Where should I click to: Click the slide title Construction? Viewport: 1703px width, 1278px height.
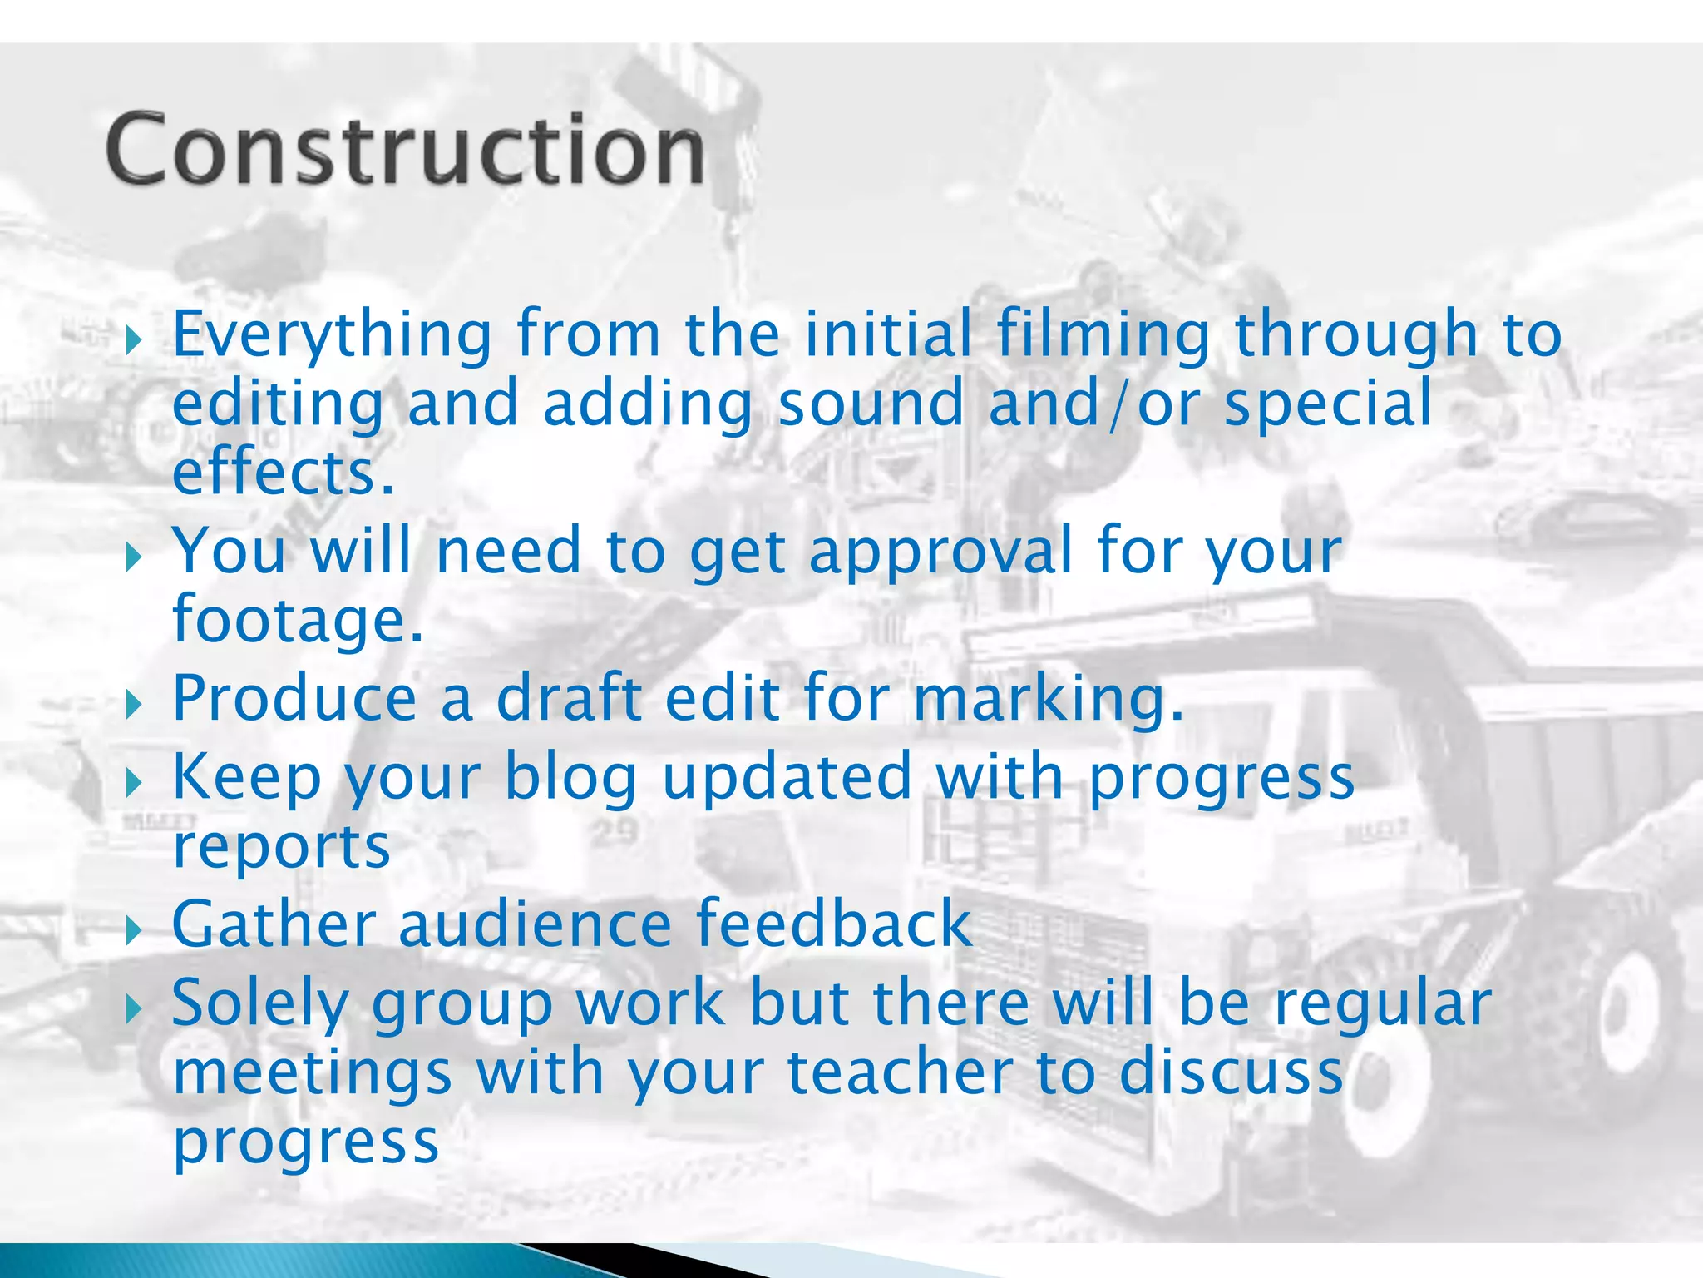[x=406, y=150]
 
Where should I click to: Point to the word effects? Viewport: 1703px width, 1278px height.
[x=283, y=473]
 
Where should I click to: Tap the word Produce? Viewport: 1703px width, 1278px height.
[x=294, y=698]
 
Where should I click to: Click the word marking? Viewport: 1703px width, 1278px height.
[x=1048, y=700]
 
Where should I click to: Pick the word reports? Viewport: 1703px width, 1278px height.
[x=281, y=848]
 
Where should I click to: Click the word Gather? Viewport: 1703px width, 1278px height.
[x=274, y=924]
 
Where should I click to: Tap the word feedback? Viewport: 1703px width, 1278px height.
[x=833, y=924]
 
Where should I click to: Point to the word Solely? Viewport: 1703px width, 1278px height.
[x=259, y=1004]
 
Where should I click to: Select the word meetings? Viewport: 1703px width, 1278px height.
[x=312, y=1074]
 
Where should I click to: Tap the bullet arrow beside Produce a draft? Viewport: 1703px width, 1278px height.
[x=134, y=704]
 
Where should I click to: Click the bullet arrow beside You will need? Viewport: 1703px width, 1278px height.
[x=134, y=557]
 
